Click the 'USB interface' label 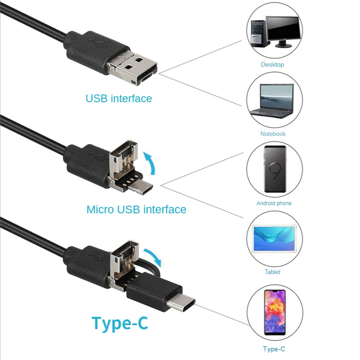pyautogui.click(x=119, y=99)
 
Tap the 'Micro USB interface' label pyautogui.click(x=136, y=209)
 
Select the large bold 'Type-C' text pyautogui.click(x=120, y=323)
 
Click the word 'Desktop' pyautogui.click(x=272, y=64)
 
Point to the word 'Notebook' pyautogui.click(x=273, y=134)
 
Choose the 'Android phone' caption pyautogui.click(x=274, y=203)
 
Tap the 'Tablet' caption pyautogui.click(x=272, y=272)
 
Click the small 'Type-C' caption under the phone pyautogui.click(x=274, y=349)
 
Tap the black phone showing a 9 pyautogui.click(x=275, y=169)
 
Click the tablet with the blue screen pyautogui.click(x=274, y=239)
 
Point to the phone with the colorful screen pyautogui.click(x=275, y=312)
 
